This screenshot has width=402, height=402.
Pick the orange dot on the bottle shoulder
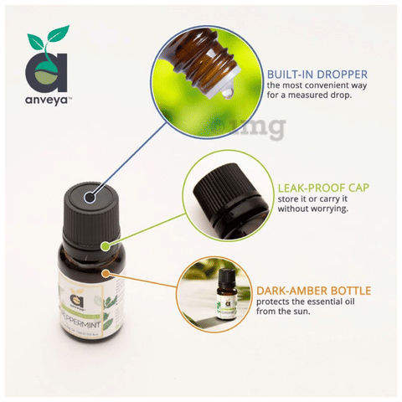106,273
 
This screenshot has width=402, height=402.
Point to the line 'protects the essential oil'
308,302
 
